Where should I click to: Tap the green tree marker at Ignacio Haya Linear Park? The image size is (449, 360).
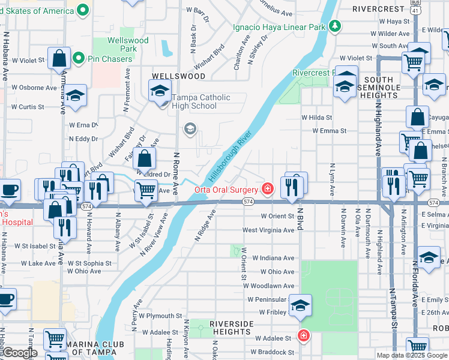coord(334,26)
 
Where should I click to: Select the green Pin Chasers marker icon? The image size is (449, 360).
coord(77,58)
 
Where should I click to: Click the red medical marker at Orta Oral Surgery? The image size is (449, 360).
coord(268,190)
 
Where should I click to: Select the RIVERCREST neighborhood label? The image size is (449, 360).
coord(379,9)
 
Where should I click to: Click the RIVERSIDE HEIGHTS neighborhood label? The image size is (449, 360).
coord(231,328)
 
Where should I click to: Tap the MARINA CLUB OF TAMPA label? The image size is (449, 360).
coord(75,352)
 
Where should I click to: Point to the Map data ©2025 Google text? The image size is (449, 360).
coord(412,355)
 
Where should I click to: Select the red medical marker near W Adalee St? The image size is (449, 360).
coord(304,335)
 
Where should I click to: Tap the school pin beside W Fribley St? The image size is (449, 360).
coord(300,306)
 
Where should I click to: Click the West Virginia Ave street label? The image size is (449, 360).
coord(268,230)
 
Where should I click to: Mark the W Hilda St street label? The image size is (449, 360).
coord(316,118)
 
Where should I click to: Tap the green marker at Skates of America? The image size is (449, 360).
coord(83,10)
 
